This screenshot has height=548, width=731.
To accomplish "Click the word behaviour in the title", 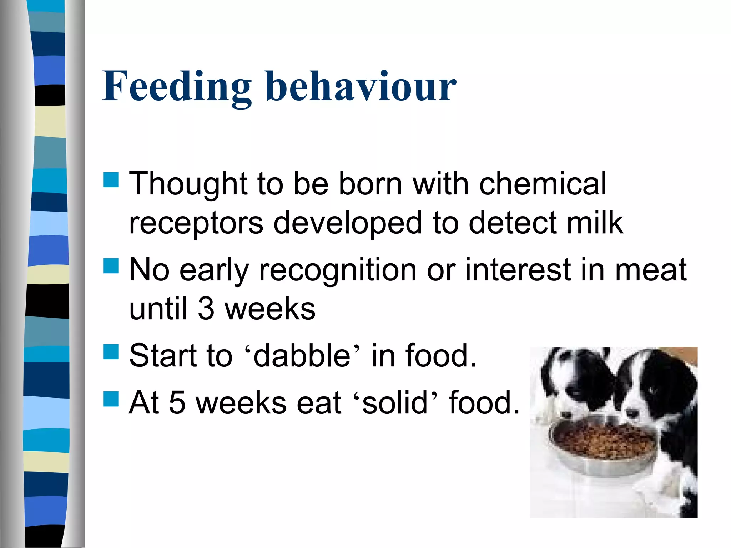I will point(361,87).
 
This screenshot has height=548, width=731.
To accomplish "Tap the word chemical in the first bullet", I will point(543,184).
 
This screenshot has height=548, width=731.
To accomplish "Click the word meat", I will point(650,270).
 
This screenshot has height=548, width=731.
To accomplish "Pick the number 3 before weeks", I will point(206,309).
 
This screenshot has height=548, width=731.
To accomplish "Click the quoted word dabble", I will point(302,356).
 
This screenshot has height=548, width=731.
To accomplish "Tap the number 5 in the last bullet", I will point(177,403).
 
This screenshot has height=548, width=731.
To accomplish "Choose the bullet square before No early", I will point(111,266).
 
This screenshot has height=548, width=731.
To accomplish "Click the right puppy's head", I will point(657,385).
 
